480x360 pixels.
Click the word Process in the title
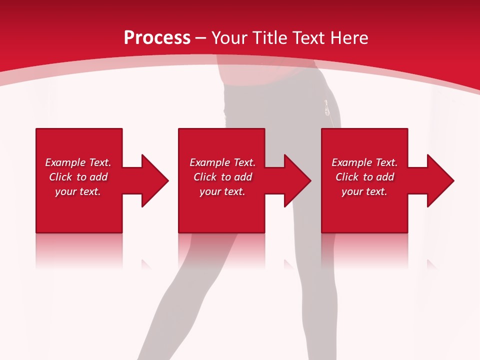[x=157, y=37]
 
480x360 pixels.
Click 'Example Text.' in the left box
[x=78, y=162]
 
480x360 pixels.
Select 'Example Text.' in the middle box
[x=222, y=162]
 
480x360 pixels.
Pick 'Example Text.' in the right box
[x=364, y=162]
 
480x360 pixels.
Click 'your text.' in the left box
[x=78, y=191]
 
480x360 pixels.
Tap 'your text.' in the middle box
[x=222, y=191]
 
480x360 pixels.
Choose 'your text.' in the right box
[x=364, y=191]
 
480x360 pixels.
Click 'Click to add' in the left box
[x=78, y=177]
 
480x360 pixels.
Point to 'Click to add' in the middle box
[x=222, y=177]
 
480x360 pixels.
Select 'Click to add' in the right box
[x=364, y=177]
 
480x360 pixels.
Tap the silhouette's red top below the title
[x=270, y=75]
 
